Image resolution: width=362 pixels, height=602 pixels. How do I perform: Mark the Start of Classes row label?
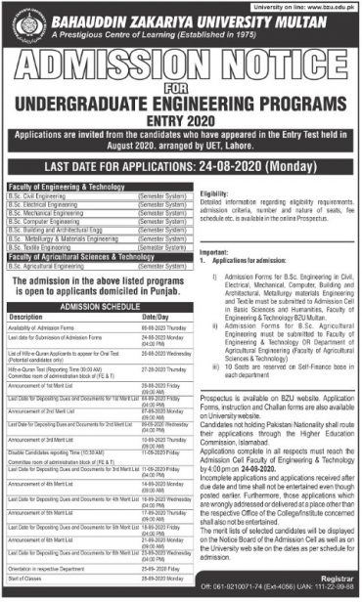coord(25,580)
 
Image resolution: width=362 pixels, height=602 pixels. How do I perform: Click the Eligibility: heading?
coord(212,193)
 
